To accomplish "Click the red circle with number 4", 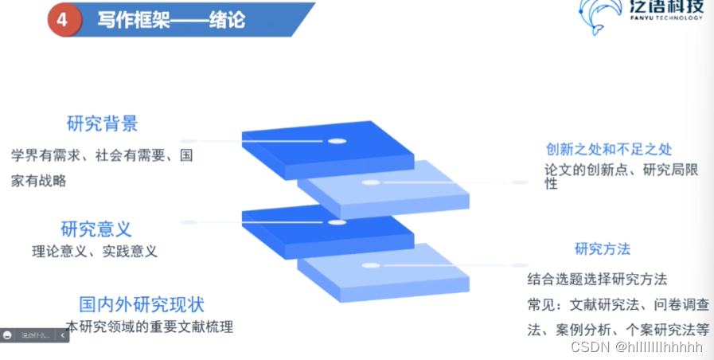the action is (x=62, y=18).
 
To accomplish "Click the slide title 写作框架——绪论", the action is (x=170, y=18).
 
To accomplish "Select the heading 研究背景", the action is (x=103, y=123).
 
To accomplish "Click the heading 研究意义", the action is (x=96, y=229).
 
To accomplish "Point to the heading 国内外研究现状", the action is (x=142, y=304).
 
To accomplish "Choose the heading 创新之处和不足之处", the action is (x=609, y=149).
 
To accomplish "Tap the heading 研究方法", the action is (x=603, y=249).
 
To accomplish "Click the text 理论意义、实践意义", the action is (x=95, y=252).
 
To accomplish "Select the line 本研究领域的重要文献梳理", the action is (x=150, y=327).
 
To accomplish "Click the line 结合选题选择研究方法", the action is (x=597, y=279).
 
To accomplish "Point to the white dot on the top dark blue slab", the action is (x=337, y=141).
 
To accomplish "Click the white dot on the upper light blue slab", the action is (x=371, y=182).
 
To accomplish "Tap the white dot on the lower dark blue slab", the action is (x=337, y=222).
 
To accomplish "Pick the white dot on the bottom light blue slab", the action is (x=371, y=264).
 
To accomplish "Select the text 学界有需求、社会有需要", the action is (x=87, y=155).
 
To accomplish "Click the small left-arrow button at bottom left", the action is (x=63, y=335).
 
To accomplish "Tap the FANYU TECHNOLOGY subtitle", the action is (x=664, y=18).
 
